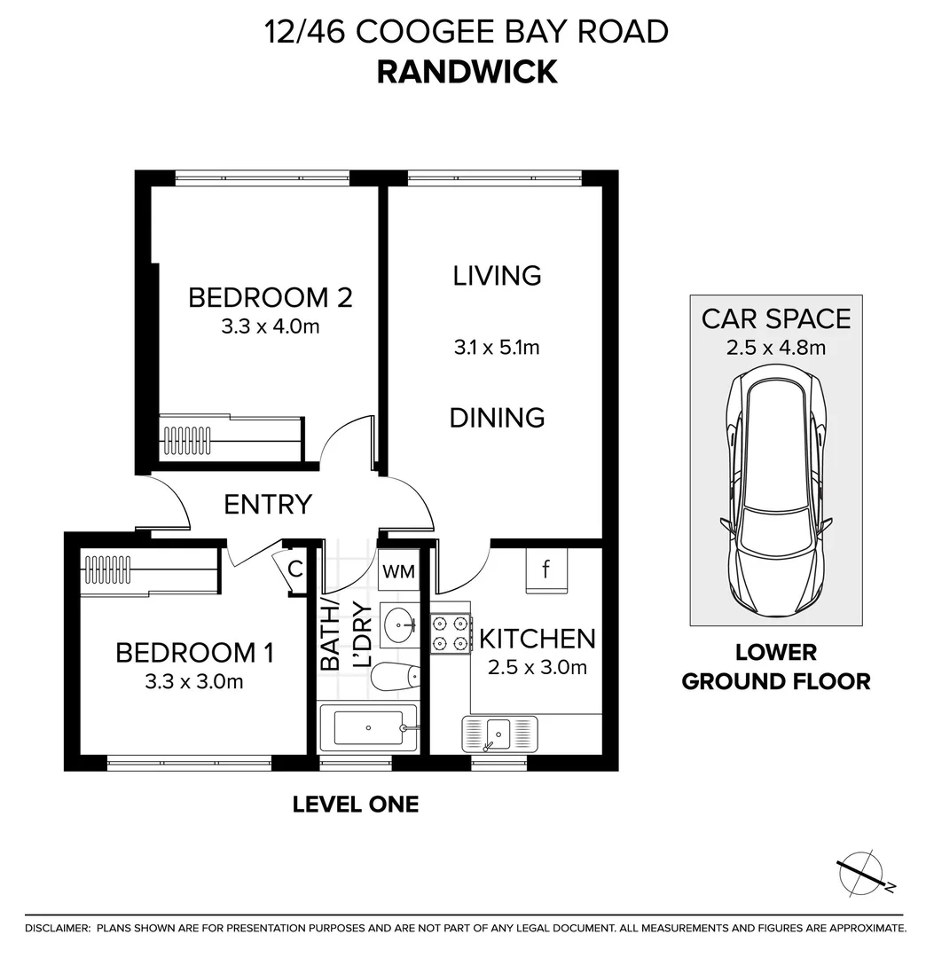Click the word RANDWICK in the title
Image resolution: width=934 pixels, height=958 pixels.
click(x=467, y=72)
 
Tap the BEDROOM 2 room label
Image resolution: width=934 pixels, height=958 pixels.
click(x=270, y=297)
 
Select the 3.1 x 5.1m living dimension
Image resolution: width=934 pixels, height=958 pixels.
click(x=497, y=348)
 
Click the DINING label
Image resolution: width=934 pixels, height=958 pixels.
click(x=497, y=418)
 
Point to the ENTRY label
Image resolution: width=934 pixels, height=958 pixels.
click(x=268, y=505)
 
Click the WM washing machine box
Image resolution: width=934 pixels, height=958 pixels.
click(x=399, y=571)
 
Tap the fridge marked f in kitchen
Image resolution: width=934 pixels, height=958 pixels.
click(x=546, y=570)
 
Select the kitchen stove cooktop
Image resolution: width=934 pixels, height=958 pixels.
click(x=451, y=633)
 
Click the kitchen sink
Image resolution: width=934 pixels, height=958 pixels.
click(x=499, y=734)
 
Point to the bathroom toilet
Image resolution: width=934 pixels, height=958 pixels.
click(x=396, y=676)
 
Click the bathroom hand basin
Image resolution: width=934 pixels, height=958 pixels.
click(x=399, y=624)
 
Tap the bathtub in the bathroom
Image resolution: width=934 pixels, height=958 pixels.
click(x=368, y=727)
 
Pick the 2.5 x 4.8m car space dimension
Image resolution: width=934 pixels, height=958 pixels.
click(x=776, y=348)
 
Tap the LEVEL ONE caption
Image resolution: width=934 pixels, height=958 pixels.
click(x=356, y=804)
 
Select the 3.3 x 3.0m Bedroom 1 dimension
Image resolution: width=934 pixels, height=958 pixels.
click(x=193, y=681)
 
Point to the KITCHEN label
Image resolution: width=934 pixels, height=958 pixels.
click(x=537, y=639)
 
